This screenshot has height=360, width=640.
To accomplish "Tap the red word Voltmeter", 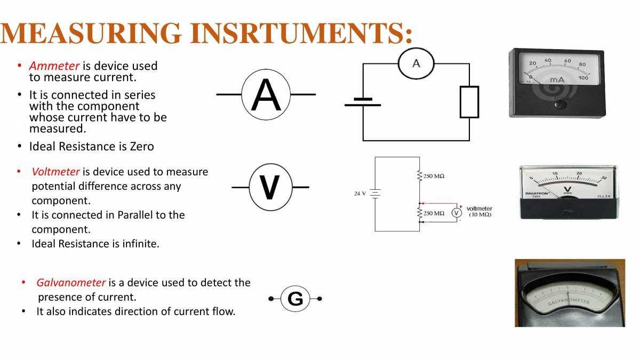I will pos(55,172).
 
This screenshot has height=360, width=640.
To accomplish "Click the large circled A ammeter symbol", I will pos(266,94).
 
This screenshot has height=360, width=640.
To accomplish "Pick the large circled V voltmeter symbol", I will pos(270,187).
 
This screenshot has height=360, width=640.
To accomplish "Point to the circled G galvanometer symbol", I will pos(295,299).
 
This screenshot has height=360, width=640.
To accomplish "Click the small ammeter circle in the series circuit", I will pos(416,64).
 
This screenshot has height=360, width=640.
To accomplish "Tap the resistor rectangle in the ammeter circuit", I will pos(469,102).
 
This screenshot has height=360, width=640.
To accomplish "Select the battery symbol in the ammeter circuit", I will pos(363,102).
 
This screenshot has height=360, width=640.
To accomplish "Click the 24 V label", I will pos(360,194).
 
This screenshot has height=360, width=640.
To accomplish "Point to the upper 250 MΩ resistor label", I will pos(434,176).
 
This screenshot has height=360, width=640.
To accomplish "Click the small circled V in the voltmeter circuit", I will pos(457,213).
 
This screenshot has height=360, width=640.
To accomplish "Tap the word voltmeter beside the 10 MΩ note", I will pos(479,209).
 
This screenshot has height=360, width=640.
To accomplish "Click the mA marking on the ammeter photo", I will pos(557,80).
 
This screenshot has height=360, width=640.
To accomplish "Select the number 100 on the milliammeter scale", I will pos(583,78).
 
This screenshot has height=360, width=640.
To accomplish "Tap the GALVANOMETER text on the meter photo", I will pos(569,302).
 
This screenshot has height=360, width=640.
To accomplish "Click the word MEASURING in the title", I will pos(91,33).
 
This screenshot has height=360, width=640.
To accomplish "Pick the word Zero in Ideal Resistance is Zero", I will pos(142,147).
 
